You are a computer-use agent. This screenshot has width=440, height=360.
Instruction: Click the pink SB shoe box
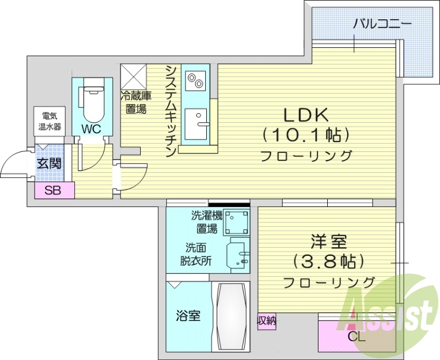pyautogui.click(x=54, y=191)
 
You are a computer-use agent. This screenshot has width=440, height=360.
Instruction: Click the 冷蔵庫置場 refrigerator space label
pyautogui.click(x=135, y=102)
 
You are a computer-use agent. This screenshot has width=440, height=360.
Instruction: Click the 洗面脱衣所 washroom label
pyautogui.click(x=196, y=255)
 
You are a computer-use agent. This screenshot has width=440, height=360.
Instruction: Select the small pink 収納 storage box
pyautogui.click(x=267, y=320)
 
